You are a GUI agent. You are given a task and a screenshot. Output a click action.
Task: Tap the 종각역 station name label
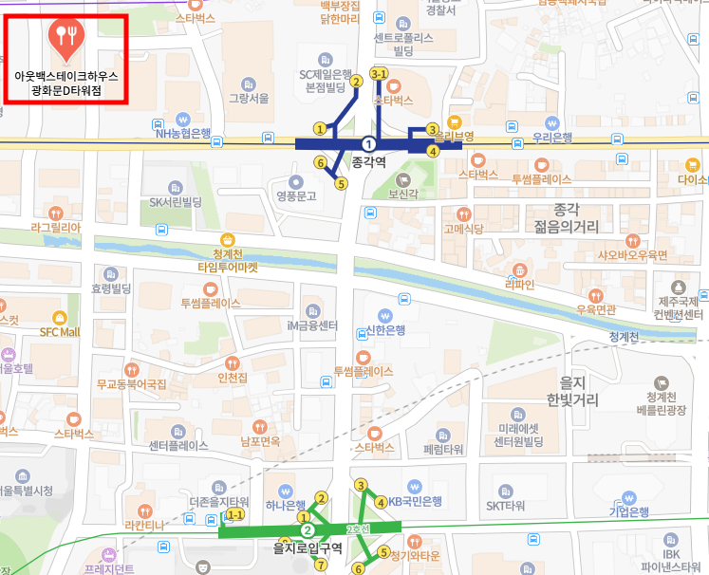[x=370, y=162]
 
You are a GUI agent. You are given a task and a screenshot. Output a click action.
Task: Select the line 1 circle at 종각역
[x=369, y=143]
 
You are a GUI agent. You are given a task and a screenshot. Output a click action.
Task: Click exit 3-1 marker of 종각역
[x=379, y=73]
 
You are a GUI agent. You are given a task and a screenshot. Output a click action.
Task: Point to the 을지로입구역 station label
[x=307, y=547]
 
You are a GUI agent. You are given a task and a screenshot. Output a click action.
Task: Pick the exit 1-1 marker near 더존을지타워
[x=234, y=514]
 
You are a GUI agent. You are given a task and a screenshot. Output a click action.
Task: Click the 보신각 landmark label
[x=403, y=194]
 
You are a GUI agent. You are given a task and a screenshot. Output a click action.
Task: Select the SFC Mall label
[x=60, y=332]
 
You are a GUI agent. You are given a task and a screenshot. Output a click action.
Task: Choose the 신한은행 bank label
[x=385, y=330]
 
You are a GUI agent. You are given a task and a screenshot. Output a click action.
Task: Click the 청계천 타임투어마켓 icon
[x=227, y=240]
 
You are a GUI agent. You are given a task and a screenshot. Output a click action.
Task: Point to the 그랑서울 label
[x=251, y=97]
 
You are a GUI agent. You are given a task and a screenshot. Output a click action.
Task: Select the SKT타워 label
[x=506, y=506]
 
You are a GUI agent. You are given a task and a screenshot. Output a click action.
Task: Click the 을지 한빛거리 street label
[x=572, y=391]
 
